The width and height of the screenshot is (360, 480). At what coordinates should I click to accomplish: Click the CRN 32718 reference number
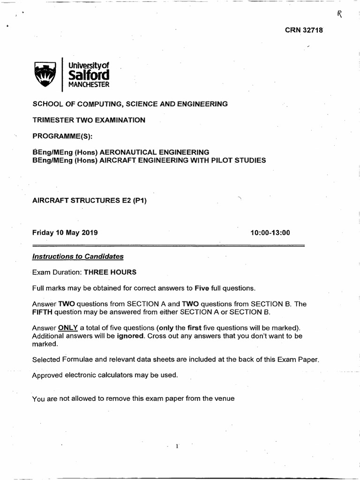coord(304,30)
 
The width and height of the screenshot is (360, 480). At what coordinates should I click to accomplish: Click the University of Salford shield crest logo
coord(45,74)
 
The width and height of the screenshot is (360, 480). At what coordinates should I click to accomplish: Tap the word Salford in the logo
coord(89,75)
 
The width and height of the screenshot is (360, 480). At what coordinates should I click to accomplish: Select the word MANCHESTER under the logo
coord(89,85)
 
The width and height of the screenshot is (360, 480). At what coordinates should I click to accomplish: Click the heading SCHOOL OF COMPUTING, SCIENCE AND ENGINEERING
coord(130,104)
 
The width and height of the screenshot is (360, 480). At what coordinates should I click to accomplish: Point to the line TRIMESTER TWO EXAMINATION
coord(89,120)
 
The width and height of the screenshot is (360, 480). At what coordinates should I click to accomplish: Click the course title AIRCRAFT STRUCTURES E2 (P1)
coord(90,201)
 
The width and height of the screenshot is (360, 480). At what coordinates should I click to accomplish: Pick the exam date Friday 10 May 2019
coord(65,232)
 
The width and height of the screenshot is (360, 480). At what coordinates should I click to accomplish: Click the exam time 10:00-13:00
coord(270,232)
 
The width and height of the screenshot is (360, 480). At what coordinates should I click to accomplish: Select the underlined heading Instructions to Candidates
coord(78,256)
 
